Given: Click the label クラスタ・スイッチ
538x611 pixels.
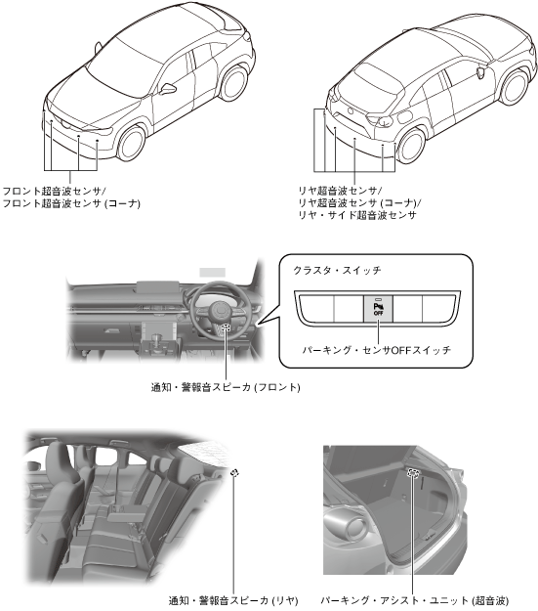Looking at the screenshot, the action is click(337, 270).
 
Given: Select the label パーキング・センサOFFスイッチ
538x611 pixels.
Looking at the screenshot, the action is click(377, 350).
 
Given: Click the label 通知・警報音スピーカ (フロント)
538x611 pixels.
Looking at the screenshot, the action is click(226, 387).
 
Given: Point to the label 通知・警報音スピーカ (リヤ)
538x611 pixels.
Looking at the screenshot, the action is click(233, 600).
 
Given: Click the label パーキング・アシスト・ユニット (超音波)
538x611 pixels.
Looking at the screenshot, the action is click(415, 600).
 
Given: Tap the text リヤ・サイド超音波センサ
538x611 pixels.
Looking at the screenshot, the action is click(357, 215).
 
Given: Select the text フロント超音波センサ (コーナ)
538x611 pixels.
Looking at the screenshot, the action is click(71, 203).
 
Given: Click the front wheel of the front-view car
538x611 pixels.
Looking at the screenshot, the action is click(132, 143).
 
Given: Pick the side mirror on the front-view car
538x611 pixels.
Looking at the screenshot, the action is click(168, 89).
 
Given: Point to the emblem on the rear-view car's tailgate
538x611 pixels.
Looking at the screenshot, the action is click(351, 110).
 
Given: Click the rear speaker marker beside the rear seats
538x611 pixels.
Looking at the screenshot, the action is click(234, 472).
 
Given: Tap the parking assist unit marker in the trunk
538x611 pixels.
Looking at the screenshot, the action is click(413, 472).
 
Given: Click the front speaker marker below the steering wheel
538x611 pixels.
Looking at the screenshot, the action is click(226, 327).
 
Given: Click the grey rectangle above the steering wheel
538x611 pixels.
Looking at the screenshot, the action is click(212, 272).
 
